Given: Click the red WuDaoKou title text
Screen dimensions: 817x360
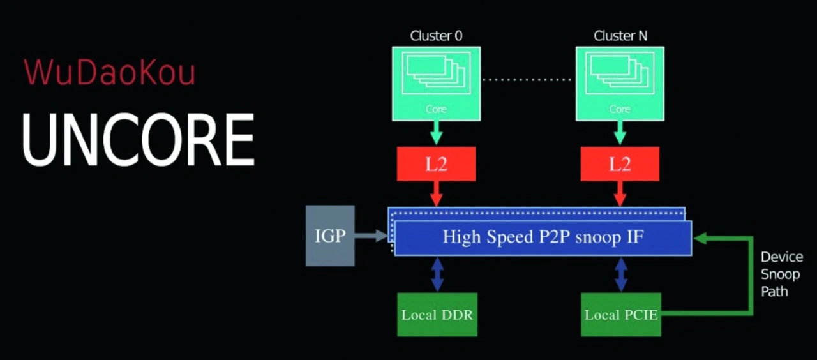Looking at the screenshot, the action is [x=109, y=72].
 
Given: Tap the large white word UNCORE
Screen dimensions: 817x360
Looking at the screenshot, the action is [x=139, y=139].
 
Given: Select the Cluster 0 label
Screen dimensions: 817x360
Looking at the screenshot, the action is [x=436, y=36].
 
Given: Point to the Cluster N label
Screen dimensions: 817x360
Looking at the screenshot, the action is [x=620, y=36].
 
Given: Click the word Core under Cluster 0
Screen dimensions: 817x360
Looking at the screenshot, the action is [x=436, y=109].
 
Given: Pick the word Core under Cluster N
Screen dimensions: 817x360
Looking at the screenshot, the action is [x=620, y=109].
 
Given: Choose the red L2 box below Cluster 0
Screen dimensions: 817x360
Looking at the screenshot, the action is [x=436, y=164].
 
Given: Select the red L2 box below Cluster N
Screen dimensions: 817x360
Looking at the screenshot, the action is [x=620, y=164].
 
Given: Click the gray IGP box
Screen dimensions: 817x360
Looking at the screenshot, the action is [x=330, y=236].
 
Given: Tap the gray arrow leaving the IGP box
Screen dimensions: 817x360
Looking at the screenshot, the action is [x=371, y=236].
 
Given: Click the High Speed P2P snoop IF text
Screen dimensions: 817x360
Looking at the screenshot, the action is [x=543, y=237].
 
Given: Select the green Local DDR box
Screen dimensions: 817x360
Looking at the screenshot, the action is [x=437, y=315].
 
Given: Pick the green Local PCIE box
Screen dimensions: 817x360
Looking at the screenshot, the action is [x=621, y=315].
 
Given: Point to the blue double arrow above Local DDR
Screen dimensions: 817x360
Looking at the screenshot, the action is [x=438, y=274].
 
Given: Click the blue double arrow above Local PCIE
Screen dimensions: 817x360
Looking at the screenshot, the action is [x=621, y=274].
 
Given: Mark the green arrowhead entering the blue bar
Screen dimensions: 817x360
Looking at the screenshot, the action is [x=700, y=239].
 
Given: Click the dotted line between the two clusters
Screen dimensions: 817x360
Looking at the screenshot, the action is [x=527, y=80].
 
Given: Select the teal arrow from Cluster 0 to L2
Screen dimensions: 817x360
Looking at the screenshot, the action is [x=436, y=133].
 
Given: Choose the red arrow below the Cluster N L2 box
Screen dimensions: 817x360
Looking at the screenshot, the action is [x=620, y=194].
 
